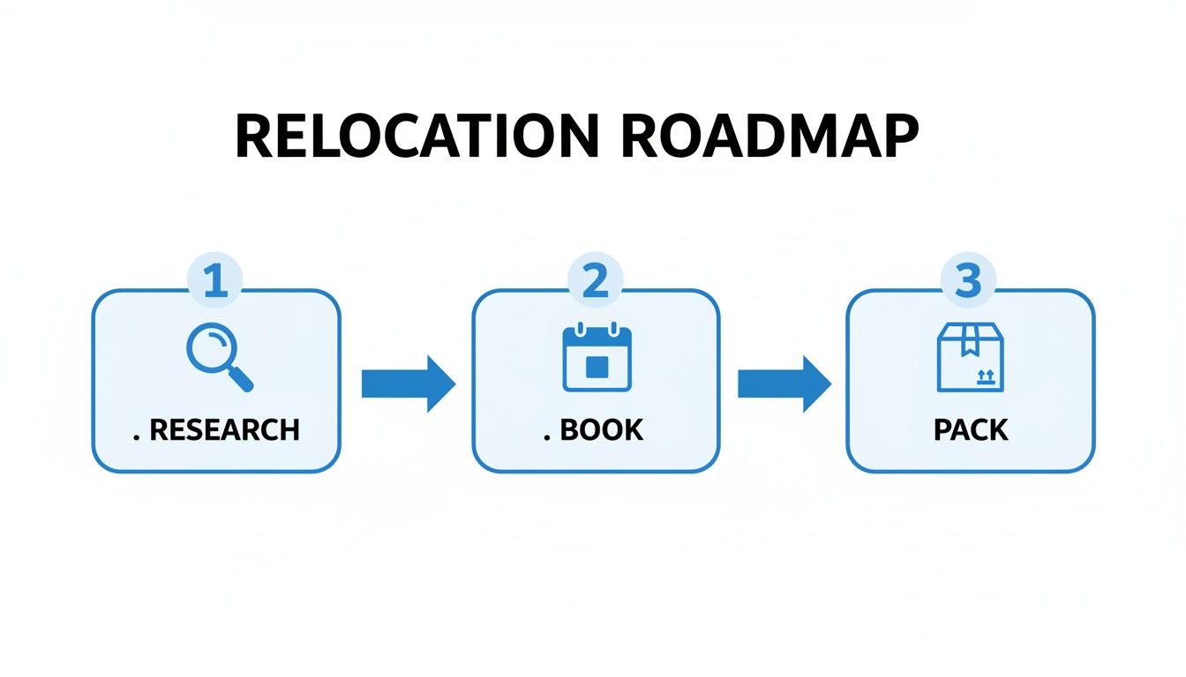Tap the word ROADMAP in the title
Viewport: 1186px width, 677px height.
click(x=769, y=138)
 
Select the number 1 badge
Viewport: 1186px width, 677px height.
click(x=216, y=281)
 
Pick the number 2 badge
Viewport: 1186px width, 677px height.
click(x=596, y=281)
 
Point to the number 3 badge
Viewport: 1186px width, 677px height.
click(x=969, y=281)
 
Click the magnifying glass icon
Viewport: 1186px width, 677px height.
click(x=219, y=356)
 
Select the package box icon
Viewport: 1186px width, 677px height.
click(x=970, y=357)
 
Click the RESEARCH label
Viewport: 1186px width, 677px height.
click(x=224, y=430)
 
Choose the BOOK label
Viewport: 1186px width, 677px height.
click(x=602, y=430)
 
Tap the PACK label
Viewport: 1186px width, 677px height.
click(x=971, y=430)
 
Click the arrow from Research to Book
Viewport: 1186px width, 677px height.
click(x=408, y=383)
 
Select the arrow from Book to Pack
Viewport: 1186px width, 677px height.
click(x=784, y=383)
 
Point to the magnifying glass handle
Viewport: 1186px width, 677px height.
click(x=241, y=378)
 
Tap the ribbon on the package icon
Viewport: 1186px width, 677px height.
click(x=970, y=338)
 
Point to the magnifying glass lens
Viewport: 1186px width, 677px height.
click(x=210, y=346)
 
